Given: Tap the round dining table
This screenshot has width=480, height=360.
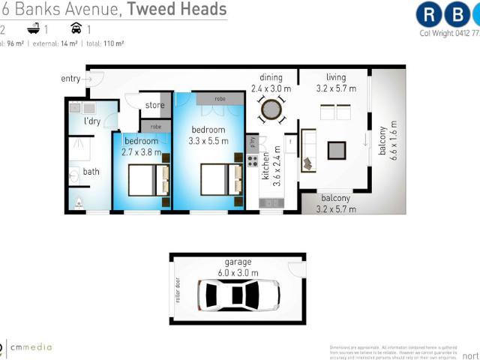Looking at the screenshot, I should click(x=270, y=111).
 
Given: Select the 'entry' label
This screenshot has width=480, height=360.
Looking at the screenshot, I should click(x=71, y=79).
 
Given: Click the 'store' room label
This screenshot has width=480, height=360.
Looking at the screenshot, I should click(x=154, y=105).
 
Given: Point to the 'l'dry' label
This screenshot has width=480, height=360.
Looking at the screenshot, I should click(x=92, y=121).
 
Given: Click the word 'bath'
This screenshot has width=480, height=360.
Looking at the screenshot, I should click(x=91, y=172).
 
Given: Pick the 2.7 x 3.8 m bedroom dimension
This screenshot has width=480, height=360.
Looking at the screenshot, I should click(x=142, y=152).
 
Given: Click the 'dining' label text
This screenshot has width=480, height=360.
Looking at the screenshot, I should click(x=271, y=77).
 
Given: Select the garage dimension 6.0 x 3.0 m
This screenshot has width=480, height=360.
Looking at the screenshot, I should click(x=237, y=272).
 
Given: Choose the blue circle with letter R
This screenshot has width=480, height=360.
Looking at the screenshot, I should click(x=430, y=14).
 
